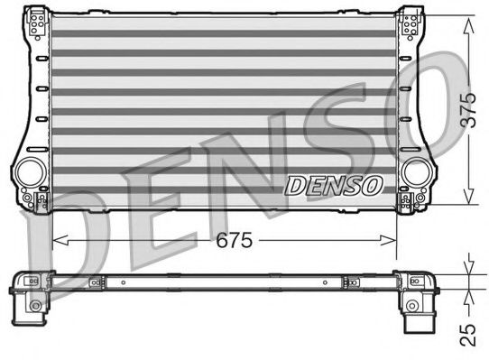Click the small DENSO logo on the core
[334, 185]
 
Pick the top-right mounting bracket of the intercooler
[410, 22]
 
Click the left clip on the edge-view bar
[93, 282]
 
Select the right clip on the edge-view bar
[348, 282]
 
